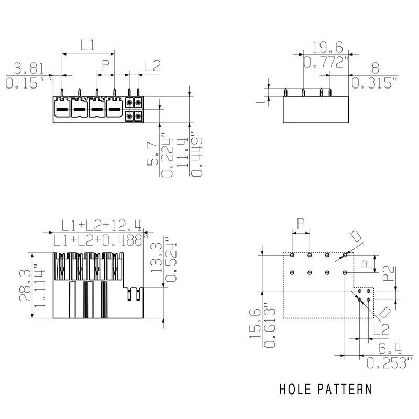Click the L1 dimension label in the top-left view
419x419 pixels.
[87, 46]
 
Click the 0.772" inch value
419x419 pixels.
[326, 63]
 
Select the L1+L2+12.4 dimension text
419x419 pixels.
[101, 226]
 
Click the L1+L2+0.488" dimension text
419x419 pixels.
[101, 240]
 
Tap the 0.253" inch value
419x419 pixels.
[385, 362]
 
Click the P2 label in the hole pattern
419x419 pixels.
[388, 274]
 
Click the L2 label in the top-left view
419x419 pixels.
[152, 66]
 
